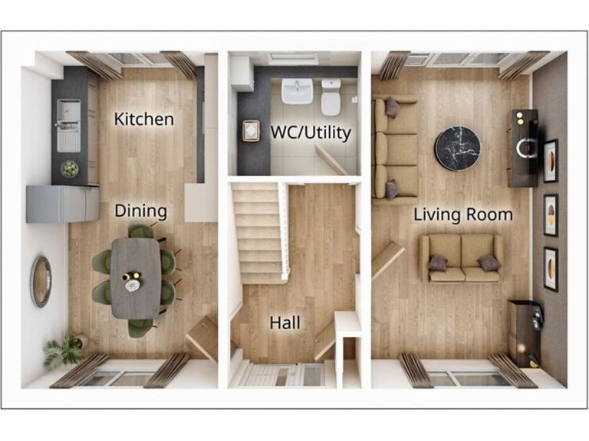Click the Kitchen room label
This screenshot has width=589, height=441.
pyautogui.click(x=143, y=119)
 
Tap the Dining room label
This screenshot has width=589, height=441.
pyautogui.click(x=141, y=211)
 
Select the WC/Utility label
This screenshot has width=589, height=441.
pyautogui.click(x=311, y=132)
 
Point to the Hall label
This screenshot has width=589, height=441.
pyautogui.click(x=285, y=323)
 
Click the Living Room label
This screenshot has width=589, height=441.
pyautogui.click(x=462, y=214)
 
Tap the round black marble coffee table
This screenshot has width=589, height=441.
pyautogui.click(x=458, y=148)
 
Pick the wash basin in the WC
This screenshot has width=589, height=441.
pyautogui.click(x=297, y=90)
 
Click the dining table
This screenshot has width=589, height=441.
pyautogui.click(x=135, y=276)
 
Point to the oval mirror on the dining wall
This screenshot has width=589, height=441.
pyautogui.click(x=41, y=281)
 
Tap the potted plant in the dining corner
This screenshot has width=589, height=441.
pyautogui.click(x=63, y=352)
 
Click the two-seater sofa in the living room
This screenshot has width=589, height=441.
pyautogui.click(x=460, y=258)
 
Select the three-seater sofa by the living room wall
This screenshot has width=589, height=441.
pyautogui.click(x=394, y=147)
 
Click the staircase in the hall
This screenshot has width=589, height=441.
pyautogui.click(x=258, y=230)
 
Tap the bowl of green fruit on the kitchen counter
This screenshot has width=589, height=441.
pyautogui.click(x=70, y=168)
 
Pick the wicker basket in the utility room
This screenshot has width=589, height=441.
pyautogui.click(x=251, y=131)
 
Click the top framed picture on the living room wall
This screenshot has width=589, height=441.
pyautogui.click(x=550, y=161)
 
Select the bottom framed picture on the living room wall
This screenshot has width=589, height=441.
pyautogui.click(x=550, y=269)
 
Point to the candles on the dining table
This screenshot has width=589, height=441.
pyautogui.click(x=132, y=280)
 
